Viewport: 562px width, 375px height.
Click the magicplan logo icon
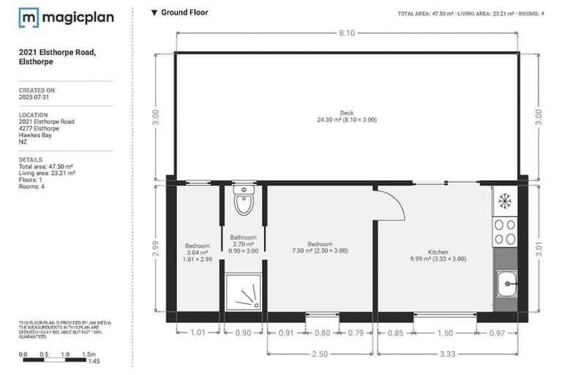[29, 18]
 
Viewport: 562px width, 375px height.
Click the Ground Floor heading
[184, 12]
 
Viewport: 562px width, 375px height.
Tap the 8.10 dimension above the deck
[346, 33]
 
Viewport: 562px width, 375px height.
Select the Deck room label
[346, 116]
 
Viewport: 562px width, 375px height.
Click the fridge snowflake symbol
[504, 199]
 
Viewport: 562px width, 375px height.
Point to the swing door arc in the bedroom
[391, 205]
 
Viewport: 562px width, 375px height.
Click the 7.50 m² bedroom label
[320, 248]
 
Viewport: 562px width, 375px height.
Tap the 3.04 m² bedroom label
[198, 252]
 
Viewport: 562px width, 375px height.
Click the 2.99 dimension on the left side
[155, 248]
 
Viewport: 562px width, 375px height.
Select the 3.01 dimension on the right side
[539, 248]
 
